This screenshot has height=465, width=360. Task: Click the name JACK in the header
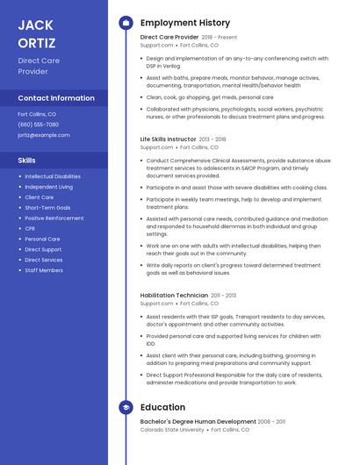pyautogui.click(x=35, y=24)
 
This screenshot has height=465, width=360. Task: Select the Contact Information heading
pyautogui.click(x=56, y=98)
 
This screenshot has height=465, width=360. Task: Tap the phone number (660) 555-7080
pyautogui.click(x=39, y=125)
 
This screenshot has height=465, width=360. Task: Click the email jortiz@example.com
pyautogui.click(x=44, y=135)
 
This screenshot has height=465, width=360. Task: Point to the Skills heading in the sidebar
pyautogui.click(x=27, y=161)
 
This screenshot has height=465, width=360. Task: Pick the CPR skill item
pyautogui.click(x=30, y=228)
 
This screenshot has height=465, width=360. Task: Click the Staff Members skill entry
pyautogui.click(x=44, y=270)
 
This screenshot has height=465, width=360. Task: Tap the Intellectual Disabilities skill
pyautogui.click(x=53, y=176)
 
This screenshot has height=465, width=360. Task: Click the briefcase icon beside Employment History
pyautogui.click(x=126, y=23)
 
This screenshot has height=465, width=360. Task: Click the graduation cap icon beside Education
pyautogui.click(x=126, y=407)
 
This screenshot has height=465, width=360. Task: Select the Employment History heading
pyautogui.click(x=185, y=23)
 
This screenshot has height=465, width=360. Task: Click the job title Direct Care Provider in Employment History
pyautogui.click(x=169, y=38)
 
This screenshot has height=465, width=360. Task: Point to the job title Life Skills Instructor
pyautogui.click(x=169, y=139)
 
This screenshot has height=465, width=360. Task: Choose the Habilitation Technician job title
pyautogui.click(x=174, y=296)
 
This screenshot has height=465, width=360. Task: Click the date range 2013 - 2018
pyautogui.click(x=212, y=139)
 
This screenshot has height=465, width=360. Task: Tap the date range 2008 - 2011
pyautogui.click(x=271, y=421)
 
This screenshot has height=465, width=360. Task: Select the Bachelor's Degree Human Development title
pyautogui.click(x=198, y=421)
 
